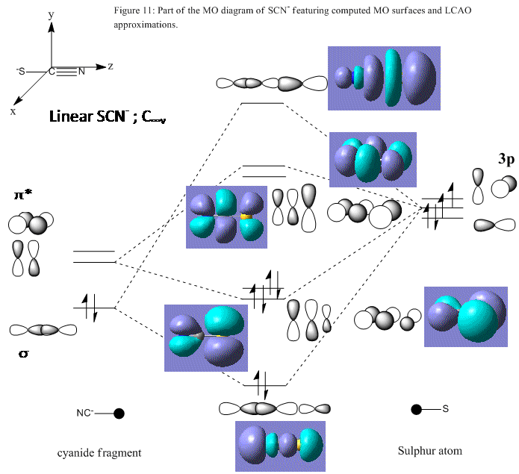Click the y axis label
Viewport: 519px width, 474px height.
point(51,15)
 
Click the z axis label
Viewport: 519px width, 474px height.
point(111,66)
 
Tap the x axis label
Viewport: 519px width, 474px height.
point(13,111)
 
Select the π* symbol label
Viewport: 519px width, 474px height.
point(23,195)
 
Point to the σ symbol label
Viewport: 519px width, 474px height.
point(23,354)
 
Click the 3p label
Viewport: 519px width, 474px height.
point(506,160)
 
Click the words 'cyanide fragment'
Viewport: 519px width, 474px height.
point(99,453)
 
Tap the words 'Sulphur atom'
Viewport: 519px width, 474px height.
point(429,451)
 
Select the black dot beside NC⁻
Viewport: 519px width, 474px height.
point(119,414)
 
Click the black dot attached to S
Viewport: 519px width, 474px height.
point(417,410)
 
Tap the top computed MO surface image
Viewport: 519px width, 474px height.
point(384,78)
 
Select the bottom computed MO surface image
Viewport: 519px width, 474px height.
point(280,446)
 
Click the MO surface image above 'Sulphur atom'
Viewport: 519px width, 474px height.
point(466,316)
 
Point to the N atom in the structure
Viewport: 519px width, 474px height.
point(81,72)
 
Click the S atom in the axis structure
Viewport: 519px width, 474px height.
point(22,71)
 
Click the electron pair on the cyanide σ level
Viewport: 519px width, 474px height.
point(90,308)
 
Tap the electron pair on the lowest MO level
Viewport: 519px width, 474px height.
point(261,385)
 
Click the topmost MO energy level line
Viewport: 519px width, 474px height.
point(262,103)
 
